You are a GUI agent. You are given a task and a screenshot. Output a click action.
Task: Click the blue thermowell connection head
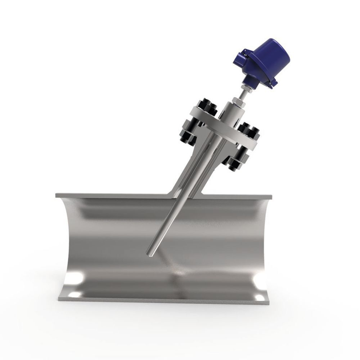[x=264, y=61]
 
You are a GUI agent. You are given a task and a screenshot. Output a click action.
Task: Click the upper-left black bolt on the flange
[x=205, y=107]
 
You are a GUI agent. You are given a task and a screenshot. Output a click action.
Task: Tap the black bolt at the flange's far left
[x=187, y=135]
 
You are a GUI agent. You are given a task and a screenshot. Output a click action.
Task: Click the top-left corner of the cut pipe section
[x=57, y=195]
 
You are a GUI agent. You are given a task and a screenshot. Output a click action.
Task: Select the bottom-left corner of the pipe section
[x=59, y=298]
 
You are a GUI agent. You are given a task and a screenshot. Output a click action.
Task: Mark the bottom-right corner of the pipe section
[x=268, y=299]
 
